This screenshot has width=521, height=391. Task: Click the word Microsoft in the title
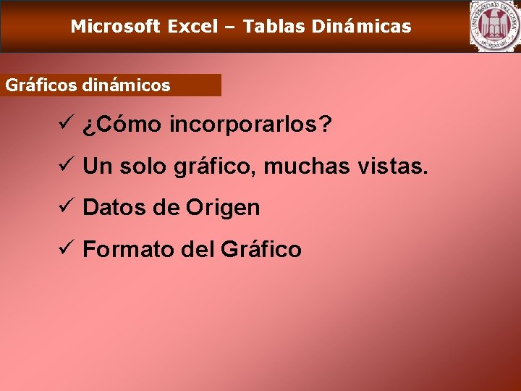[115, 28]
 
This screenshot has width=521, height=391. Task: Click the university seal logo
[494, 26]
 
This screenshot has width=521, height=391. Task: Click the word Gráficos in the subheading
[41, 85]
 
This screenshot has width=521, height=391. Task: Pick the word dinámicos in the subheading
[127, 85]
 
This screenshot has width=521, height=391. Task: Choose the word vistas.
[394, 167]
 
